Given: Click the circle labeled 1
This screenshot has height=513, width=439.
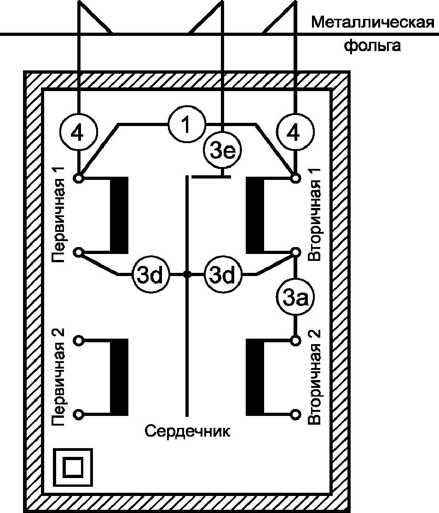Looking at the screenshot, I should click(x=186, y=125).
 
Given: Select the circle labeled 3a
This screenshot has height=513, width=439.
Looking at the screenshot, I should click(x=295, y=299).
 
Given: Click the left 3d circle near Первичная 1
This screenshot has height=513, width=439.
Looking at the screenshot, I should click(x=151, y=275).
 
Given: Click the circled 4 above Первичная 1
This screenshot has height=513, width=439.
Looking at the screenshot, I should click(x=79, y=133).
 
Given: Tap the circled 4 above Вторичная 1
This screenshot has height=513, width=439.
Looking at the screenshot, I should click(x=295, y=133).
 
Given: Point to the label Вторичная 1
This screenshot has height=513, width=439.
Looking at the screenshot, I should click(x=314, y=217).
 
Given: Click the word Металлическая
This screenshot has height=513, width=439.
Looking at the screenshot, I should click(x=373, y=22).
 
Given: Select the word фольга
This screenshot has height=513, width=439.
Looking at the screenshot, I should click(x=373, y=46).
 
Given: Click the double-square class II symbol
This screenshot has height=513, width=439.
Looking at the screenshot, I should click(x=73, y=467).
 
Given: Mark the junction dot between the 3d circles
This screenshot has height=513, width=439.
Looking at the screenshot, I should click(x=187, y=275).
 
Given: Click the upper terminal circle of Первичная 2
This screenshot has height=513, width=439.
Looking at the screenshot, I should click(x=79, y=340).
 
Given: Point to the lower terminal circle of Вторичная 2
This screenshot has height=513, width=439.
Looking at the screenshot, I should click(x=295, y=414).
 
